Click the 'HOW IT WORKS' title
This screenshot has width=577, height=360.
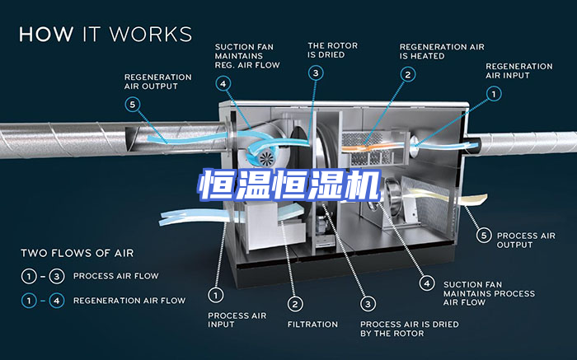click(x=105, y=35)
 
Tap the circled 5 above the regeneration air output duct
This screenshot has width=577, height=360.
click(x=133, y=105)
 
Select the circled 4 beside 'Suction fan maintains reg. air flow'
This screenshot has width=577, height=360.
click(x=223, y=83)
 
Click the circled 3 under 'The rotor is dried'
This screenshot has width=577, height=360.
click(x=316, y=73)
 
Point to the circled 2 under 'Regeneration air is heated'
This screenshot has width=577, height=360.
click(x=407, y=74)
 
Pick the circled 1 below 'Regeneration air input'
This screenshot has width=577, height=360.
click(x=493, y=95)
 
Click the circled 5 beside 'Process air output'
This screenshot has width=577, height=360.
click(x=484, y=235)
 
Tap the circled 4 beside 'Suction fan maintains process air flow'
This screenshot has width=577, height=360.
click(x=427, y=283)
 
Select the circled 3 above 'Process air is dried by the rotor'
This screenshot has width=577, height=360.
click(x=368, y=302)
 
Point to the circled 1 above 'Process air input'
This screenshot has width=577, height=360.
click(x=216, y=293)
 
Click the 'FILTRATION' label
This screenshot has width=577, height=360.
click(x=312, y=325)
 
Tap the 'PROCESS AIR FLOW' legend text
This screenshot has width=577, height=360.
click(x=115, y=276)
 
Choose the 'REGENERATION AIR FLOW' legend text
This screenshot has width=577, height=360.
click(x=129, y=301)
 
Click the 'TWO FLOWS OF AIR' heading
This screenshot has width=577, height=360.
click(x=77, y=253)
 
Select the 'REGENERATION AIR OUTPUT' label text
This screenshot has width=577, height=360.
click(x=157, y=82)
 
